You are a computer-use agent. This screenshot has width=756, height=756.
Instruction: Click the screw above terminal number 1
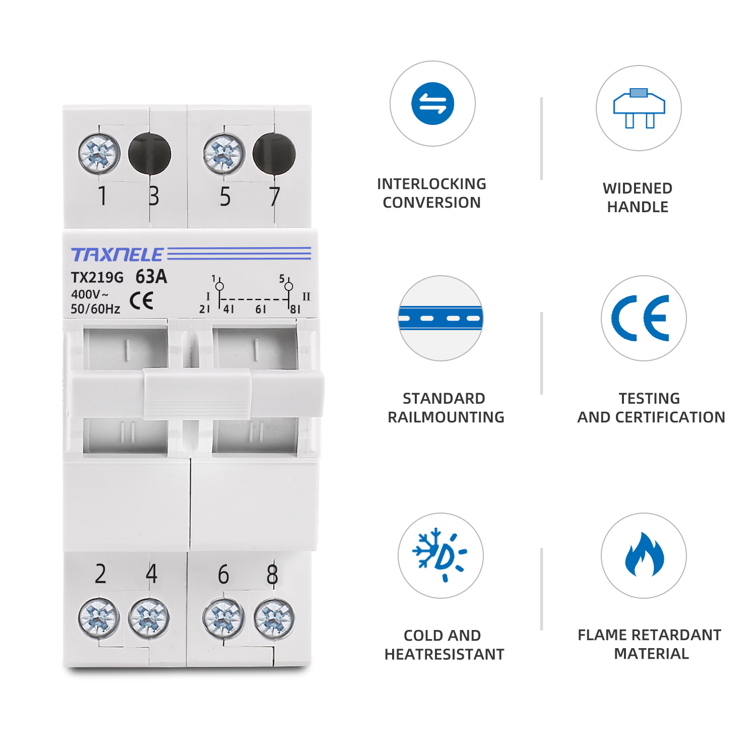click(99, 154)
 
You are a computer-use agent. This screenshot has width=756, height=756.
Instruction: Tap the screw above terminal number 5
click(224, 154)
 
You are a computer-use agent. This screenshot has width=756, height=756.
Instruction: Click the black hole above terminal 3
click(150, 154)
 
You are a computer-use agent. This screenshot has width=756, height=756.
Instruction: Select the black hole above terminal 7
click(274, 154)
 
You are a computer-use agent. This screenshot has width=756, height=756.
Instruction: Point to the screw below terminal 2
click(99, 618)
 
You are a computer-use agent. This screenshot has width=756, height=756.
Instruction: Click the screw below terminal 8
click(274, 618)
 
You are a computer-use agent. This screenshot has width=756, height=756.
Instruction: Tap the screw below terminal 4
click(149, 618)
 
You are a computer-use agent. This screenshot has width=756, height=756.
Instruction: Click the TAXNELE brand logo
click(117, 255)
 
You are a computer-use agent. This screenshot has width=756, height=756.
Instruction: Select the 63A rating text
click(151, 277)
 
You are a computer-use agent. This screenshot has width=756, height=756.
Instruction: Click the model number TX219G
click(97, 278)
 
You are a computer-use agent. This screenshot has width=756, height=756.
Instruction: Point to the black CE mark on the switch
click(141, 301)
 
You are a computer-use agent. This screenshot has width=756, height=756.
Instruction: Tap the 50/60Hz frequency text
click(95, 309)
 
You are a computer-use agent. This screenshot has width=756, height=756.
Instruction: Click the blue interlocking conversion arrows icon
click(432, 104)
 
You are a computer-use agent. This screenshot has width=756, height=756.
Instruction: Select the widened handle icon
click(639, 108)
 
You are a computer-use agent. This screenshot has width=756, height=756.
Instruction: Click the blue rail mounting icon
click(440, 318)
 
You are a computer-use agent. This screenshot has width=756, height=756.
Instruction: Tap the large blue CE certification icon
click(643, 318)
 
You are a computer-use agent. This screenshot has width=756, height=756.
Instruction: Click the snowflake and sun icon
click(440, 555)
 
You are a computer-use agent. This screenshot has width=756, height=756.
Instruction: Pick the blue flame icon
click(644, 555)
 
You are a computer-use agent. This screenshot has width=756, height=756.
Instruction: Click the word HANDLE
click(638, 207)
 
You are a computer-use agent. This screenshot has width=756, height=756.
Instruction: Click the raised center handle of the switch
click(197, 394)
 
